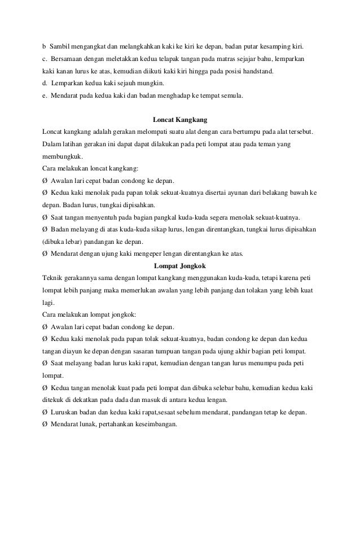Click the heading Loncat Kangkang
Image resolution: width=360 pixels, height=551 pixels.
pyautogui.click(x=181, y=120)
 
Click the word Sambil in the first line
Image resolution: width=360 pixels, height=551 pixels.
pyautogui.click(x=60, y=45)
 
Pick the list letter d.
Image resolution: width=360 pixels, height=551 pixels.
pyautogui.click(x=45, y=84)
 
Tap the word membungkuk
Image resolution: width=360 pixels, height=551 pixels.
pyautogui.click(x=62, y=156)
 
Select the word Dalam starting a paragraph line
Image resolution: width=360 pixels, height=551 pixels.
pyautogui.click(x=52, y=145)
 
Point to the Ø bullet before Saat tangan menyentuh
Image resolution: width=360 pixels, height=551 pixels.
pyautogui.click(x=45, y=217)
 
